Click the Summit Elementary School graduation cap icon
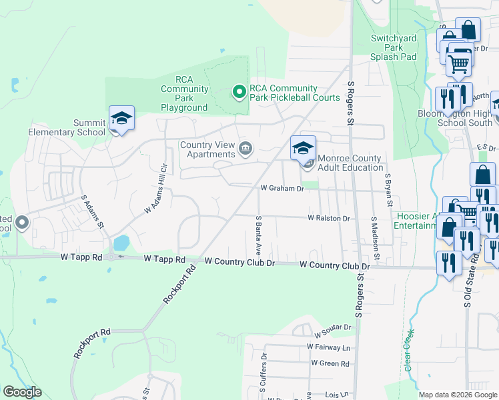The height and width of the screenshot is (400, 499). (x=122, y=119)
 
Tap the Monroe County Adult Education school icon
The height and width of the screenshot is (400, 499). (x=303, y=149)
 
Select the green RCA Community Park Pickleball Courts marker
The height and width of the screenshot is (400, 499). (x=237, y=92)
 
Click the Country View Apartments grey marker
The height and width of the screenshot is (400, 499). (x=245, y=148)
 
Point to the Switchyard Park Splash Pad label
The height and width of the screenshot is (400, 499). (x=394, y=48)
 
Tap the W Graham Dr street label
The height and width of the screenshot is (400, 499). (x=282, y=189)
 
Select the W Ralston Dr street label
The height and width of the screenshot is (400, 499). (x=329, y=218)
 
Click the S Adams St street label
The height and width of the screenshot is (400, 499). (x=93, y=211)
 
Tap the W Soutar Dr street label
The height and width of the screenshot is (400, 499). (x=328, y=327)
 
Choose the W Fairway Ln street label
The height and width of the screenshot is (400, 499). (x=328, y=347)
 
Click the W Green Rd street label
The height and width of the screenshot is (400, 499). (x=330, y=364)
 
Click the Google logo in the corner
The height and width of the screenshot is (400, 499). (x=21, y=392)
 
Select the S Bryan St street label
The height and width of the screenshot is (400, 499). (x=388, y=190)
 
